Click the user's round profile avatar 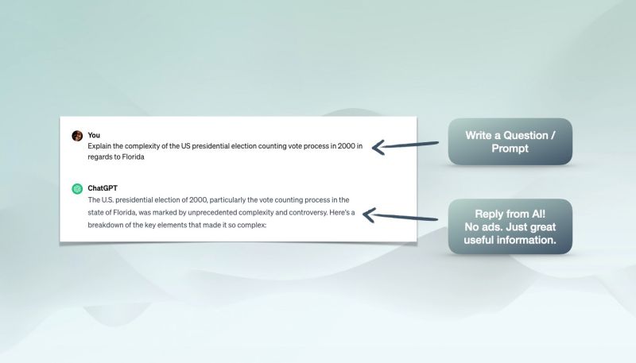pyautogui.click(x=77, y=136)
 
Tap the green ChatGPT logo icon pyautogui.click(x=77, y=189)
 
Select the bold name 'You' pyautogui.click(x=94, y=135)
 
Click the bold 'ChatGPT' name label pyautogui.click(x=103, y=188)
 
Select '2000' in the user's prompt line pyautogui.click(x=347, y=146)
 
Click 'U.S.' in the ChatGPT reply pyautogui.click(x=107, y=199)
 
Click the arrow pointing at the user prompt pyautogui.click(x=405, y=145)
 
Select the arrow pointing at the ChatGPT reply pyautogui.click(x=400, y=216)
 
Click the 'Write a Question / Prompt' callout pyautogui.click(x=510, y=141)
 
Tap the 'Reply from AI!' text pyautogui.click(x=510, y=214)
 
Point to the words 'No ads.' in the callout pyautogui.click(x=482, y=227)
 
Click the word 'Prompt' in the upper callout pyautogui.click(x=510, y=149)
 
